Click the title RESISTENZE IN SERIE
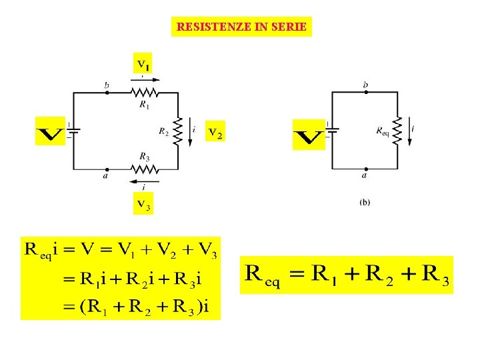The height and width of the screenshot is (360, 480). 241,27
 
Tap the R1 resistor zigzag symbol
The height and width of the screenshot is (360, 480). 145,93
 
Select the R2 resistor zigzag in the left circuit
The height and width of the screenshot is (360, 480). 178,131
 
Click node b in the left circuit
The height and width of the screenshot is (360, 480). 107,93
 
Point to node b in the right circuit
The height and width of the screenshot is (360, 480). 365,93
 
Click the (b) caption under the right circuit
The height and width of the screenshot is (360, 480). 365,202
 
